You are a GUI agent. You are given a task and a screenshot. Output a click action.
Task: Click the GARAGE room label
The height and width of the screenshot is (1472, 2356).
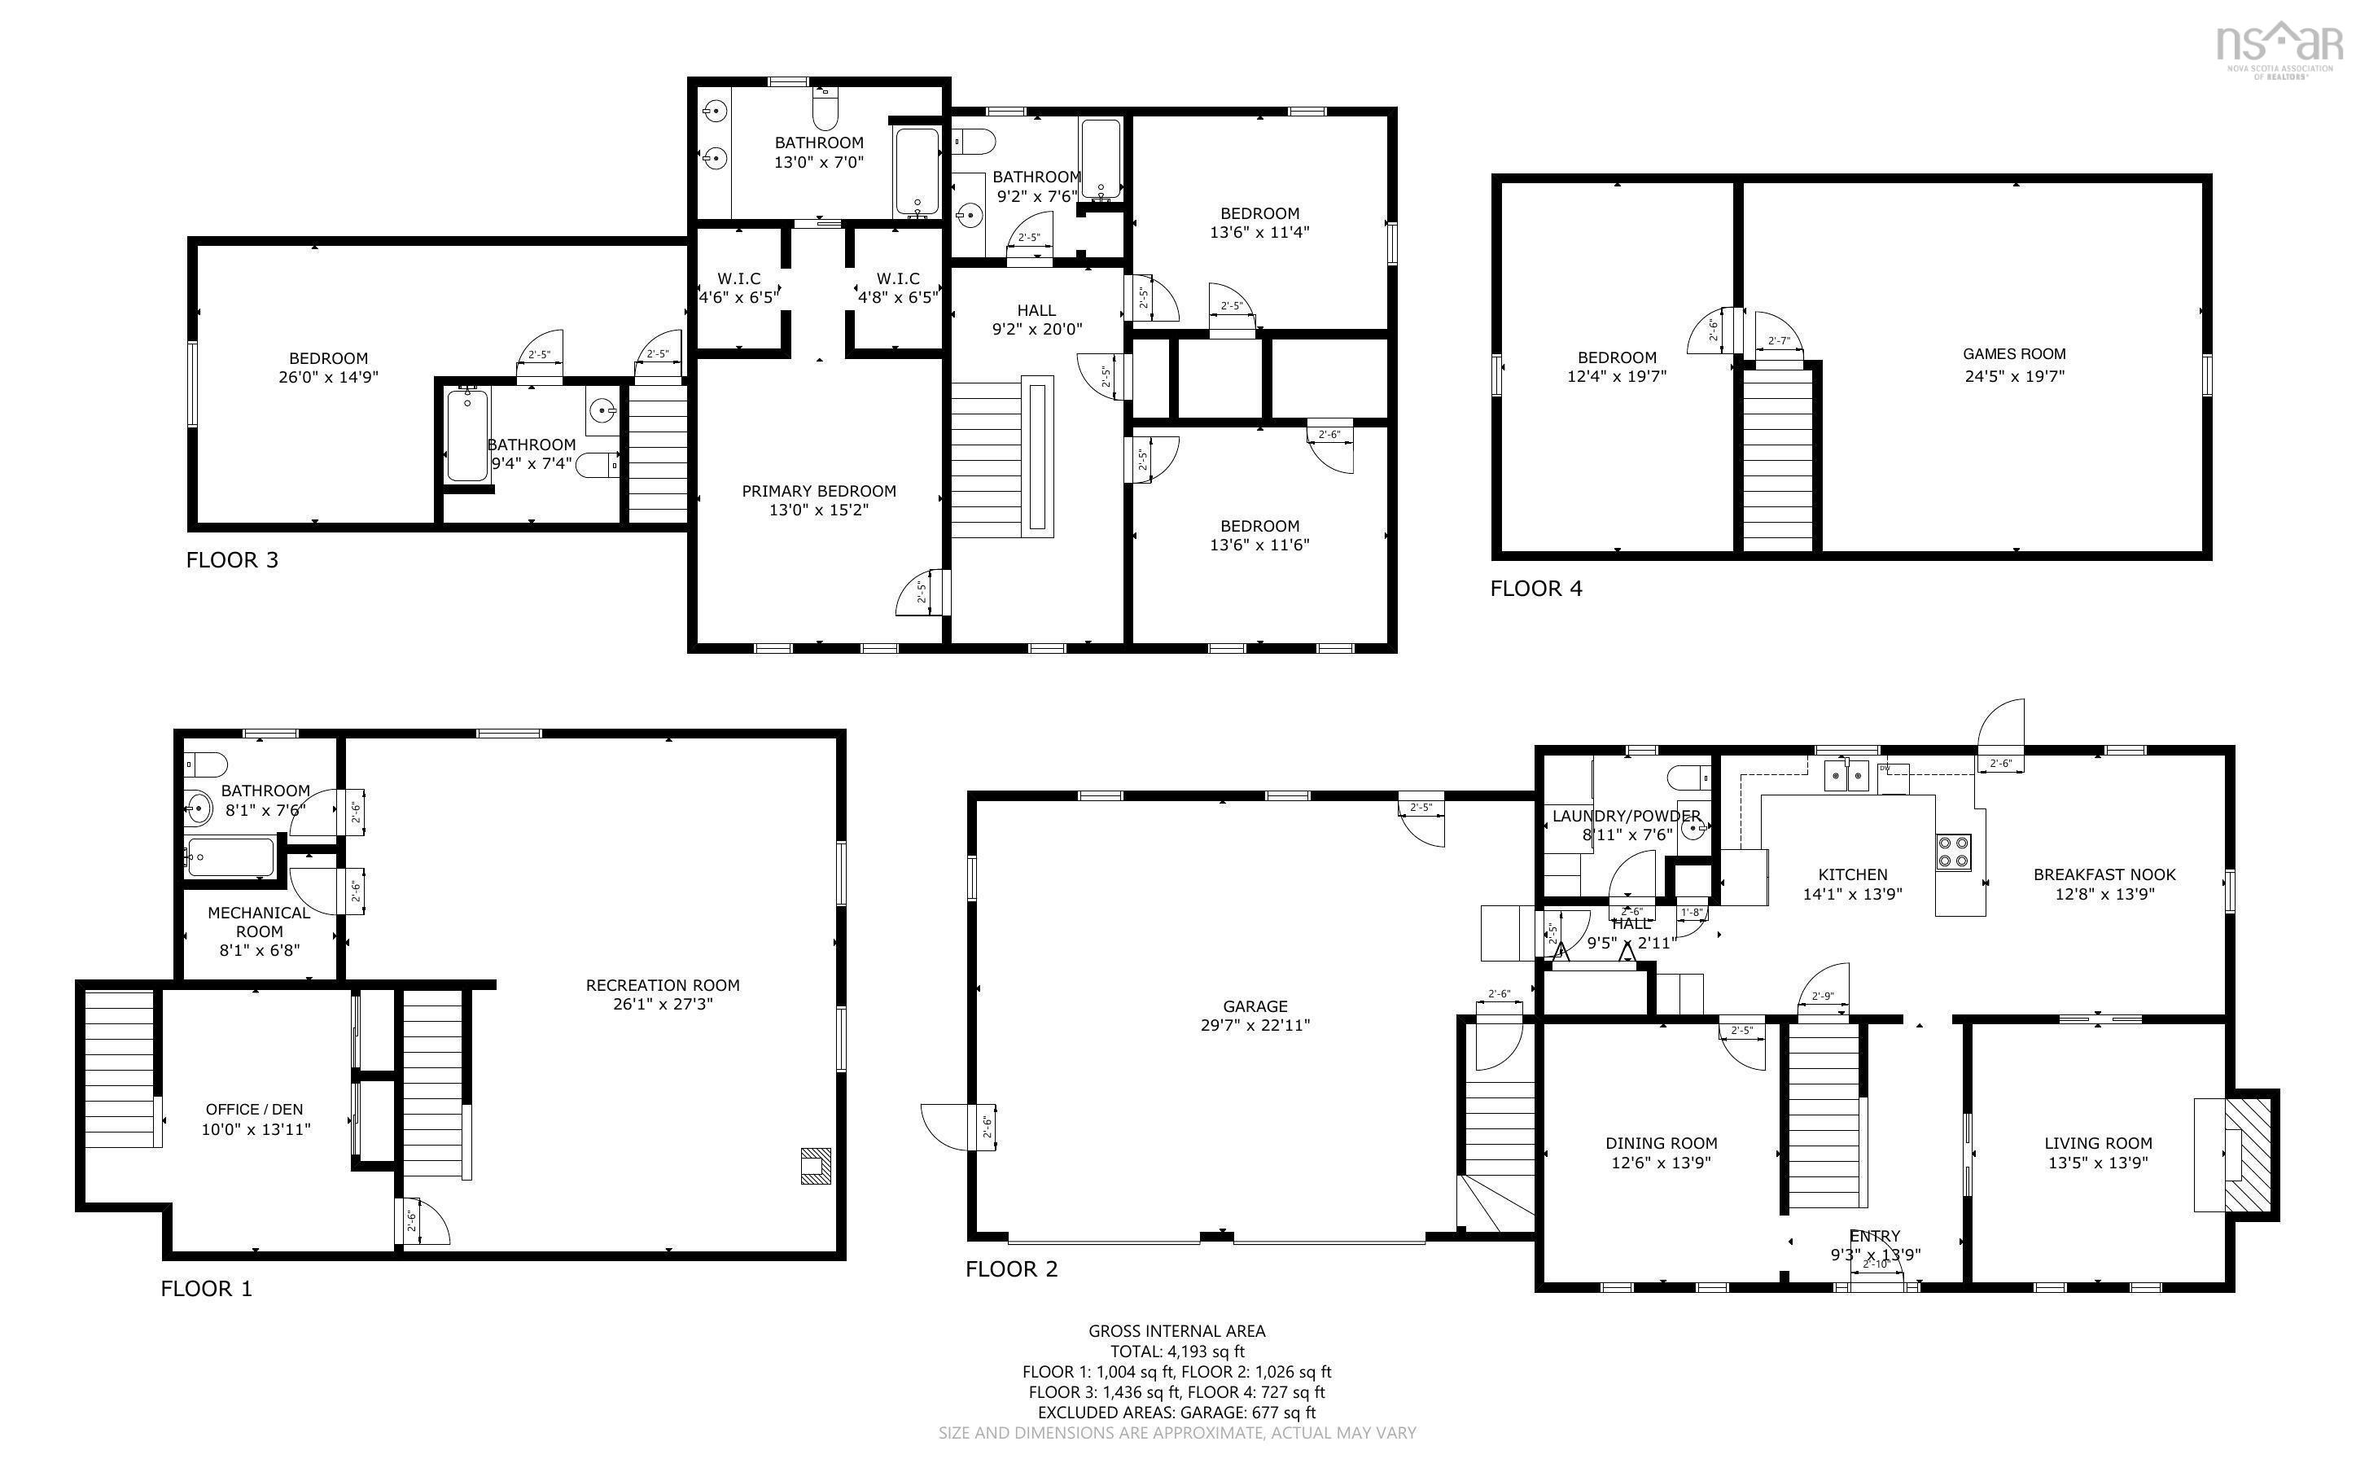(1255, 1005)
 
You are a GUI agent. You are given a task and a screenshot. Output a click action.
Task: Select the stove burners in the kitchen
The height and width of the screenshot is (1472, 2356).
(1953, 852)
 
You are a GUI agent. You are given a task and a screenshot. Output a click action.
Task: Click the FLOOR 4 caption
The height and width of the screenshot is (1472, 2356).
(1535, 588)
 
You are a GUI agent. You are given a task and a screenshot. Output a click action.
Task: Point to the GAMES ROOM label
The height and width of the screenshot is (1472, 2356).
(2013, 354)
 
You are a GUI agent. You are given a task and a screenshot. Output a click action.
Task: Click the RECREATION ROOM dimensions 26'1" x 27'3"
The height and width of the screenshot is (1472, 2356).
(663, 1004)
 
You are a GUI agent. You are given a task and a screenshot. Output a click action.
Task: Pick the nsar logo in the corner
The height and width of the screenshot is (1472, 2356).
(2278, 49)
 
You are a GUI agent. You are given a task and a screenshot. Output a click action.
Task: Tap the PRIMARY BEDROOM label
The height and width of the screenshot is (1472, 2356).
(818, 491)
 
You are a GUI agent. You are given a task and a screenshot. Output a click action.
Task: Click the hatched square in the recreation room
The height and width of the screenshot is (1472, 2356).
(816, 1165)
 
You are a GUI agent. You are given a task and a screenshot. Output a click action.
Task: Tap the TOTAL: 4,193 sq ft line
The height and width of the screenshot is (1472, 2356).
(1176, 1352)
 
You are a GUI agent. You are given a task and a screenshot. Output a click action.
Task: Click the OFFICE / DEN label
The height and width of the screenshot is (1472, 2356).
(254, 1109)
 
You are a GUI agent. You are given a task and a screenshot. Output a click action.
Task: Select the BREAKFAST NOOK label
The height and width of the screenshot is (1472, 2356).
(2104, 874)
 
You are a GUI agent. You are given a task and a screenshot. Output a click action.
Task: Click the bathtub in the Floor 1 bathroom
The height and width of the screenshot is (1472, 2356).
(230, 857)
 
